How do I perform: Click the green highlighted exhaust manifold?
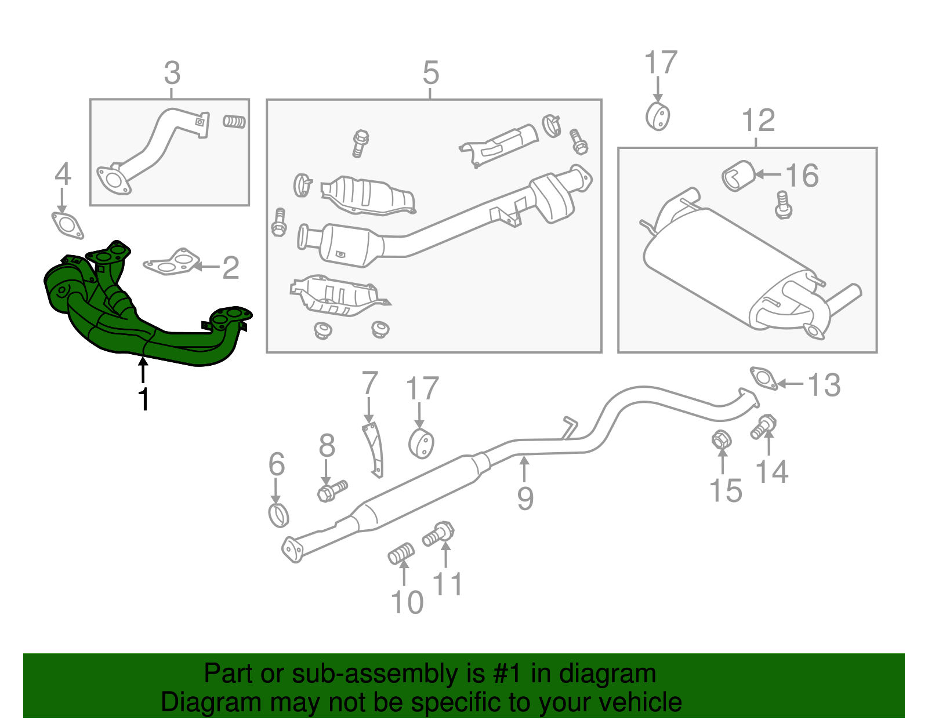tap(139, 325)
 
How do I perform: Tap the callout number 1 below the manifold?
tap(143, 399)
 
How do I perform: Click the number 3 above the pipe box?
tap(172, 74)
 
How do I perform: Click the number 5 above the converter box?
tap(431, 73)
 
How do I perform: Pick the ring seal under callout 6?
tap(279, 515)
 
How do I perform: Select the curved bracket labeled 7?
tap(374, 449)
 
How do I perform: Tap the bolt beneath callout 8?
tap(331, 490)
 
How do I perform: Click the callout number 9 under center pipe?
tap(525, 498)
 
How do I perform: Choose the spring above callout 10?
tap(401, 554)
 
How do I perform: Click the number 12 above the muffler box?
tap(758, 121)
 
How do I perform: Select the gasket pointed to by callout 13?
tap(764, 378)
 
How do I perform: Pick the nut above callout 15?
tap(721, 440)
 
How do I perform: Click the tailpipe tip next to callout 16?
tap(738, 176)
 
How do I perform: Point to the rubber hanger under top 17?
tap(658, 116)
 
